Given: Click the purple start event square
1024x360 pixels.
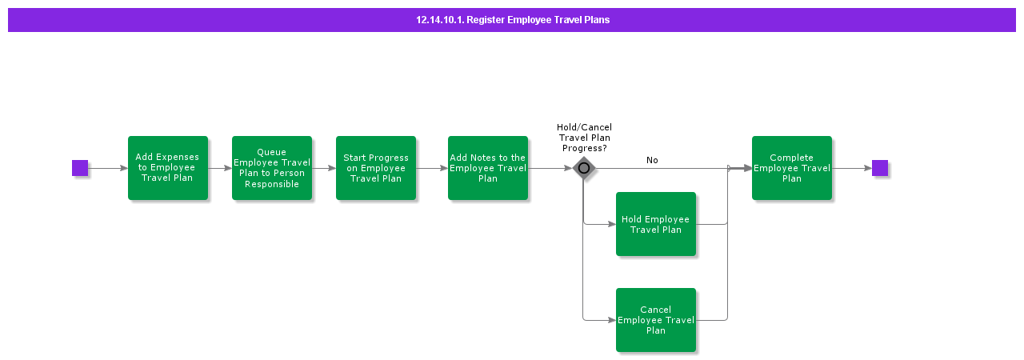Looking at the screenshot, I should pyautogui.click(x=80, y=168).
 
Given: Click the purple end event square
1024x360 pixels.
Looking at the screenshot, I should pyautogui.click(x=880, y=168).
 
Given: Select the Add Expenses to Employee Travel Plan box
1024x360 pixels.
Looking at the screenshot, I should pyautogui.click(x=168, y=168).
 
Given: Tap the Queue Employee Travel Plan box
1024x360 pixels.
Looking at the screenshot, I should pyautogui.click(x=272, y=168).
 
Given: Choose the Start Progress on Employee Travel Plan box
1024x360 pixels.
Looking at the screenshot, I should pyautogui.click(x=376, y=168).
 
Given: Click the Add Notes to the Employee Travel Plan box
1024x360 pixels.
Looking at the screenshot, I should pyautogui.click(x=488, y=168).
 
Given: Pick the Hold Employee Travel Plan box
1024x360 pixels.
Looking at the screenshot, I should pyautogui.click(x=656, y=224).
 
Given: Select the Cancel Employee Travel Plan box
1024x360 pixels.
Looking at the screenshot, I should pyautogui.click(x=656, y=320).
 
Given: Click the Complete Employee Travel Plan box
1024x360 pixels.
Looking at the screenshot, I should pyautogui.click(x=792, y=168).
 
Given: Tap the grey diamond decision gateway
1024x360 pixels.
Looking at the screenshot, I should pyautogui.click(x=584, y=168).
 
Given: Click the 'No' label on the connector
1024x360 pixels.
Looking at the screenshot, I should pyautogui.click(x=652, y=160).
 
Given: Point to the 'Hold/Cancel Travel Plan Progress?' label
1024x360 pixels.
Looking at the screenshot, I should pyautogui.click(x=584, y=138).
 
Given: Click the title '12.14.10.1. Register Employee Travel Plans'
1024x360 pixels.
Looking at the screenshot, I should pyautogui.click(x=513, y=20).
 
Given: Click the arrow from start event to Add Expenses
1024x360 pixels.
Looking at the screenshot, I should pyautogui.click(x=108, y=168).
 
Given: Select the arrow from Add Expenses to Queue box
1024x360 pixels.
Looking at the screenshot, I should pyautogui.click(x=220, y=168).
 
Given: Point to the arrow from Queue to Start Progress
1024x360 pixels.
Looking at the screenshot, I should pyautogui.click(x=324, y=168).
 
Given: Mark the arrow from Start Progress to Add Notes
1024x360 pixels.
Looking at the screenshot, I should pyautogui.click(x=432, y=168).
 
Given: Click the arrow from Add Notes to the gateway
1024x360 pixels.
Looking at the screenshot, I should pyautogui.click(x=550, y=168).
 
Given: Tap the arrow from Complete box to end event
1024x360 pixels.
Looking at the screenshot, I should pyautogui.click(x=852, y=168).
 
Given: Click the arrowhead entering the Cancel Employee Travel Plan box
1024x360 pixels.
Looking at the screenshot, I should pyautogui.click(x=611, y=320).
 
